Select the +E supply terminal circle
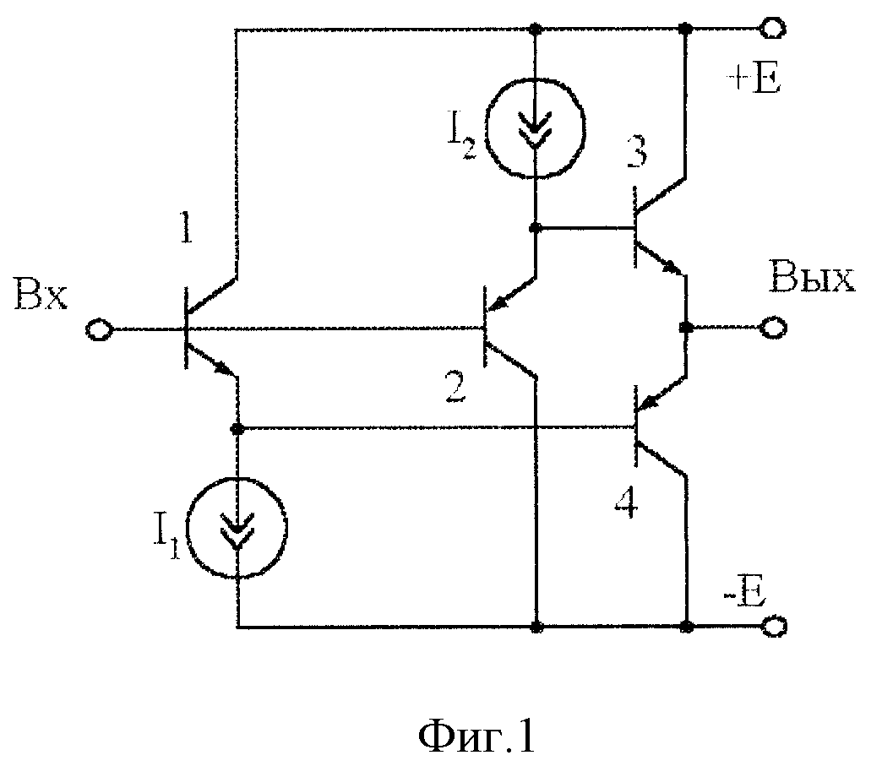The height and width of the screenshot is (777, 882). coord(773,28)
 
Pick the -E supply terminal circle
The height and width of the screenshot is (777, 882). coord(774,626)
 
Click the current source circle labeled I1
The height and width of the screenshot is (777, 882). coord(237,528)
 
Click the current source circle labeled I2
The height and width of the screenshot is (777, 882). coord(536,127)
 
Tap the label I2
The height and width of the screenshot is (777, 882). coord(461,140)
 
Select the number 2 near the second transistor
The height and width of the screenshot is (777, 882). coord(455,387)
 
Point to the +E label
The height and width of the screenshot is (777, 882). coord(754,81)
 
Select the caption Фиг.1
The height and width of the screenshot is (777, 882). coord(476,736)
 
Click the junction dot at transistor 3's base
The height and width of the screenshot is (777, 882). coord(536,228)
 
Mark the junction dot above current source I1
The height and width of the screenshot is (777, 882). coord(237,429)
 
